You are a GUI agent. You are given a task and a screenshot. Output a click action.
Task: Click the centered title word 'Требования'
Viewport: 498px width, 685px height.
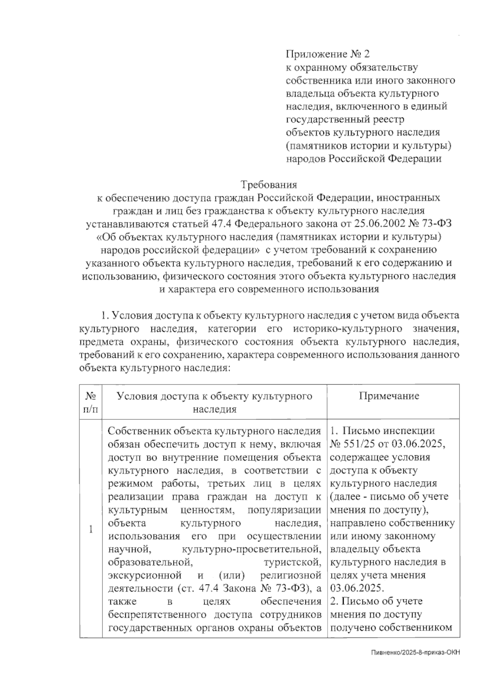point(269,184)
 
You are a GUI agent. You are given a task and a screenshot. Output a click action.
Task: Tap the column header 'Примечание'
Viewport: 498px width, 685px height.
point(389,396)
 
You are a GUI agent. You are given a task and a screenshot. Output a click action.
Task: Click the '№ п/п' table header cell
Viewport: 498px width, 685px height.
point(91,402)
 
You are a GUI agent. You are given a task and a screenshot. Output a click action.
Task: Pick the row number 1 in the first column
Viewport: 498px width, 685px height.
point(91,529)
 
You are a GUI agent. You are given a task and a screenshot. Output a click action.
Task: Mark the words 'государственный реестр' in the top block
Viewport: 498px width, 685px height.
point(344,120)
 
